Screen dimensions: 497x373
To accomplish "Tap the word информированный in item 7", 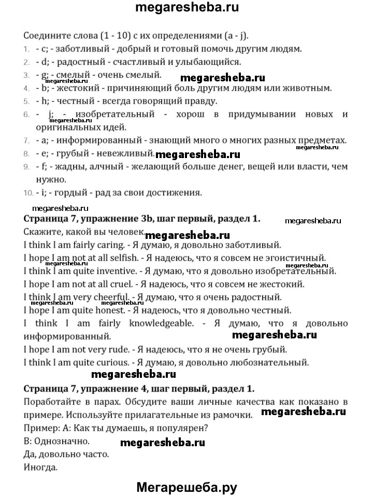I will [98, 140].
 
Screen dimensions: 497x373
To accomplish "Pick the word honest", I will [108, 310].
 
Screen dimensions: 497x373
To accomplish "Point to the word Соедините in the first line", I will [46, 36].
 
